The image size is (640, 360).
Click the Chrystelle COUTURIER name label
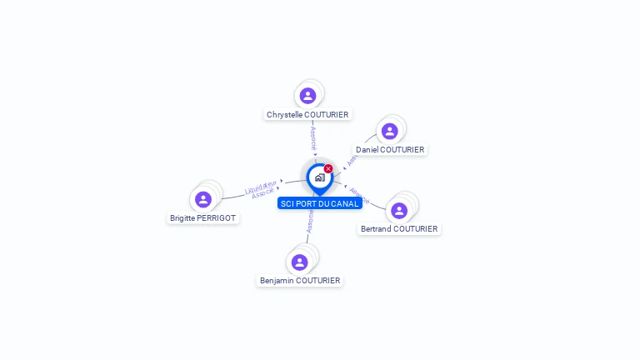click(x=307, y=114)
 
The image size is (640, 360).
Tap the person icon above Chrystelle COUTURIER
click(x=307, y=96)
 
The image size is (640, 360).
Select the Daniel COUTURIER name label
click(x=390, y=150)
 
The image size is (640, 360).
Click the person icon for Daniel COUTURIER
click(x=389, y=131)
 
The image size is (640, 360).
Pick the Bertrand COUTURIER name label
click(x=399, y=228)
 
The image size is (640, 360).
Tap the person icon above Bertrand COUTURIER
click(x=399, y=210)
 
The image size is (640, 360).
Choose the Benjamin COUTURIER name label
click(x=300, y=281)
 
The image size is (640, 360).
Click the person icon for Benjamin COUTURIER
click(x=300, y=262)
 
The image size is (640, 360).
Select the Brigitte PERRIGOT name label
click(x=202, y=218)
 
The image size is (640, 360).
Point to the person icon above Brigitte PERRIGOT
click(x=203, y=199)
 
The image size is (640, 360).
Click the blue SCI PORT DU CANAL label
click(x=320, y=203)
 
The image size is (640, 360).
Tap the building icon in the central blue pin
click(x=319, y=177)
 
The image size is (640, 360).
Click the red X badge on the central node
click(x=328, y=169)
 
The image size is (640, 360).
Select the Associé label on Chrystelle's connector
click(x=313, y=138)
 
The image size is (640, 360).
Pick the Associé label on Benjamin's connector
click(x=309, y=220)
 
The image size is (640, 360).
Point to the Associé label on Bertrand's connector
click(x=358, y=195)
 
